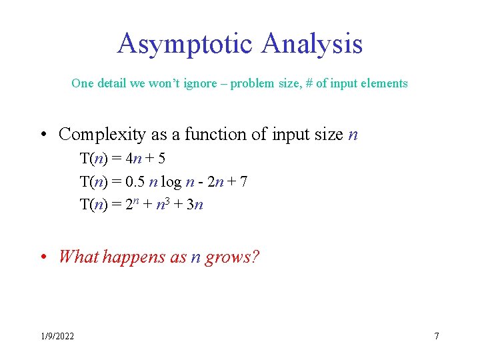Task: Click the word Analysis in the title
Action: (x=312, y=44)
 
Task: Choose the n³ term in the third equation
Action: (x=163, y=203)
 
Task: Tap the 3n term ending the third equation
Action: (x=195, y=204)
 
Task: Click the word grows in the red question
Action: (x=227, y=257)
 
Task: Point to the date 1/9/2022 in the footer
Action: (x=56, y=336)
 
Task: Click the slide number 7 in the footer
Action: (x=436, y=336)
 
